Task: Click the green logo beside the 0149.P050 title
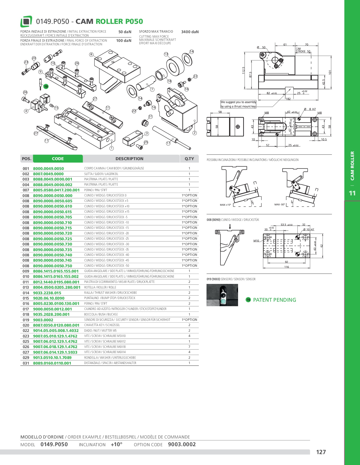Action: point(26,21)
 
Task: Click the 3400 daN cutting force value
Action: point(190,32)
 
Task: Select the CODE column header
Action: point(58,159)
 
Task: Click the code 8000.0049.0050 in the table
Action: point(49,169)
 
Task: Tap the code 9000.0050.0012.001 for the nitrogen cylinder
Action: point(52,309)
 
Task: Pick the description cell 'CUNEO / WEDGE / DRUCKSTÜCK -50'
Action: point(107,266)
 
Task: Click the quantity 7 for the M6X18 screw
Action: point(189,347)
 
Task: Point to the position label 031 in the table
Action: point(26,363)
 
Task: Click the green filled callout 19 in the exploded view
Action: point(46,87)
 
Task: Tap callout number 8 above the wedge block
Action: point(91,54)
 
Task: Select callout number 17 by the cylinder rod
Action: point(168,143)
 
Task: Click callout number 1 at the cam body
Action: point(112,148)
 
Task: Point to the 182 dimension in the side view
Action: point(288,99)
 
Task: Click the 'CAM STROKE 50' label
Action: point(303,50)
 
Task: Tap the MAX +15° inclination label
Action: point(225,205)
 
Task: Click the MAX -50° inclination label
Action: point(280,204)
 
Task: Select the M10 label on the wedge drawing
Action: point(256,241)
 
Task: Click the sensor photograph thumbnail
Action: point(222,295)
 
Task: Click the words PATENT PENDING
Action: point(274,300)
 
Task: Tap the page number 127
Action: point(321,452)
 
